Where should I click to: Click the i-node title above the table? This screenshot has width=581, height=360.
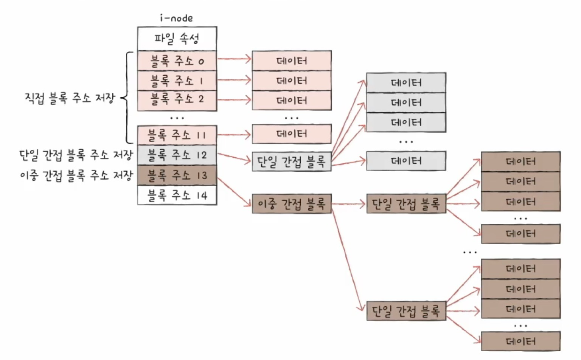(176, 18)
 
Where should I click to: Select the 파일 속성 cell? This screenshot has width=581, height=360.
(177, 39)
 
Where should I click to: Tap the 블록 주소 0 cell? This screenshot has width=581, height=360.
(177, 61)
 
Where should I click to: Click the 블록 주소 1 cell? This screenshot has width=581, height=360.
(177, 81)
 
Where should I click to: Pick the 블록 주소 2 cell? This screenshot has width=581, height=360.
(177, 101)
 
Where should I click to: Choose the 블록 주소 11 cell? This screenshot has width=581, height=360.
(177, 135)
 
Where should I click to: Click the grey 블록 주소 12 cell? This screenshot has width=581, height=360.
(177, 155)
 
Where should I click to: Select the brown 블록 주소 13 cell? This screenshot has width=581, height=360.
(177, 175)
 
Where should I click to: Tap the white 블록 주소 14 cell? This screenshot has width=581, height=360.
(177, 195)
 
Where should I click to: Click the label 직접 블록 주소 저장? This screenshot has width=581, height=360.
(70, 98)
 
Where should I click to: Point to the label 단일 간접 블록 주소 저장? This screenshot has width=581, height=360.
(76, 155)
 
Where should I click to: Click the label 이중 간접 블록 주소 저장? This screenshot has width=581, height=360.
(76, 175)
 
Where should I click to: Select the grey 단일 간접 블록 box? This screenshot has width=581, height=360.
(292, 161)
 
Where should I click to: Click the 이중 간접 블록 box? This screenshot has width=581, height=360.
(292, 204)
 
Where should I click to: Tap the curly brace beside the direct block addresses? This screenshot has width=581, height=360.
(127, 98)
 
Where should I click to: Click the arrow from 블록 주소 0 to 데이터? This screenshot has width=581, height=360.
(234, 59)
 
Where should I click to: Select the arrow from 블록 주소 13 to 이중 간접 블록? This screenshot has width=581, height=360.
(234, 192)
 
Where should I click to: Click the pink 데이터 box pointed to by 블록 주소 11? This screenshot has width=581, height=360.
(292, 134)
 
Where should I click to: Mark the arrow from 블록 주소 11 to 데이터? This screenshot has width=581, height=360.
(234, 135)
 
